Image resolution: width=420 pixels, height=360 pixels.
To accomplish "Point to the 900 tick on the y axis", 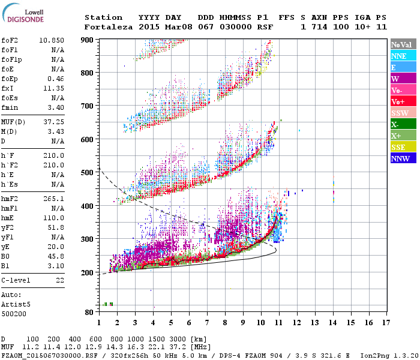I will click(x=88, y=40).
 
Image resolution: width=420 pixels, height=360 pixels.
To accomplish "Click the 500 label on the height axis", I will click(x=88, y=173).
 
